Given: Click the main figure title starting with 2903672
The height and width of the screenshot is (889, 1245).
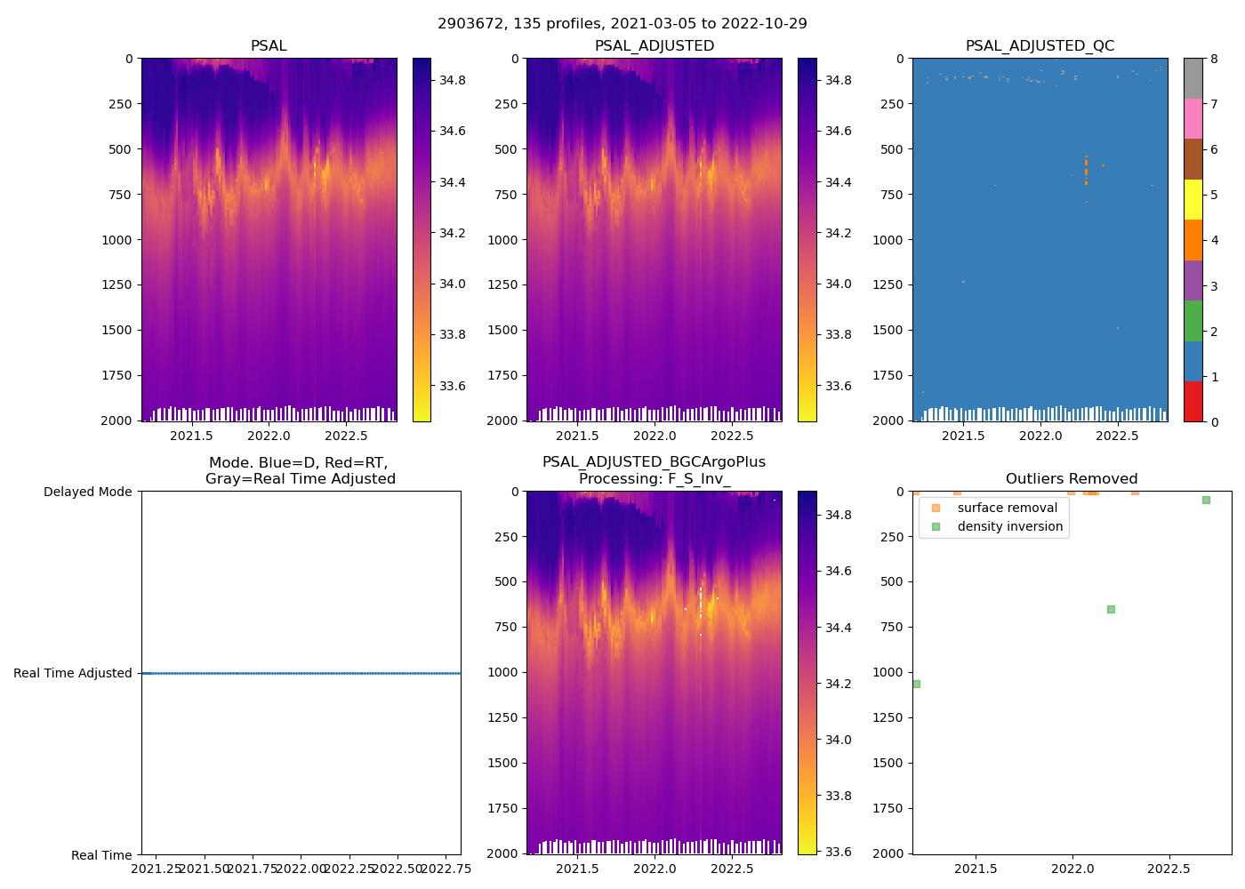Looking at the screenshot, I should coord(622,24).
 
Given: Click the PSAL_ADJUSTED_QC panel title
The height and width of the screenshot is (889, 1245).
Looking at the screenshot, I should coord(1040,46).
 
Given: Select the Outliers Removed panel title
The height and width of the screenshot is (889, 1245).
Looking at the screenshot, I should coord(1072,479).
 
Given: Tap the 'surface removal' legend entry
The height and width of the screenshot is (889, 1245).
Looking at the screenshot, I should coord(1007,508).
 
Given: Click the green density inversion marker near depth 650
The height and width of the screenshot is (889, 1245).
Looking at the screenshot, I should coord(1111,609).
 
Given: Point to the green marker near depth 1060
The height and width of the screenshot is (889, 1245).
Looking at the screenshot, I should coord(916,684).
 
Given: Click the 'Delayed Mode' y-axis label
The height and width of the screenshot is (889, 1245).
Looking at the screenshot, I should coord(87,492).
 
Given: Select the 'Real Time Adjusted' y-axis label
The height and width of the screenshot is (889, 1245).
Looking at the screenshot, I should coord(73,673).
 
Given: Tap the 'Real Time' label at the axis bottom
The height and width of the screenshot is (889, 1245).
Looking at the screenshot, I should coord(101,855).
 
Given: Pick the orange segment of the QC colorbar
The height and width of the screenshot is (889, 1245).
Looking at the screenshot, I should coord(1193,240).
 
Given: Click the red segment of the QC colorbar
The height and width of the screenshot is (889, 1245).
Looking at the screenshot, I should coord(1193,401).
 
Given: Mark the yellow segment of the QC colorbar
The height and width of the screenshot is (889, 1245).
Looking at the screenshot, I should coord(1193,199).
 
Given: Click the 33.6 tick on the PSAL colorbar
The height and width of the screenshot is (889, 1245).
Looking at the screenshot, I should coord(452,386).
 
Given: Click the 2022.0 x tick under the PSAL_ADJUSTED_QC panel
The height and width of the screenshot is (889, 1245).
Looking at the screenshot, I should coord(1040,436).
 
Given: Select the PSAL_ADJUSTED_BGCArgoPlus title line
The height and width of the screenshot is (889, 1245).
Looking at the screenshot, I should coord(654,462).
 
